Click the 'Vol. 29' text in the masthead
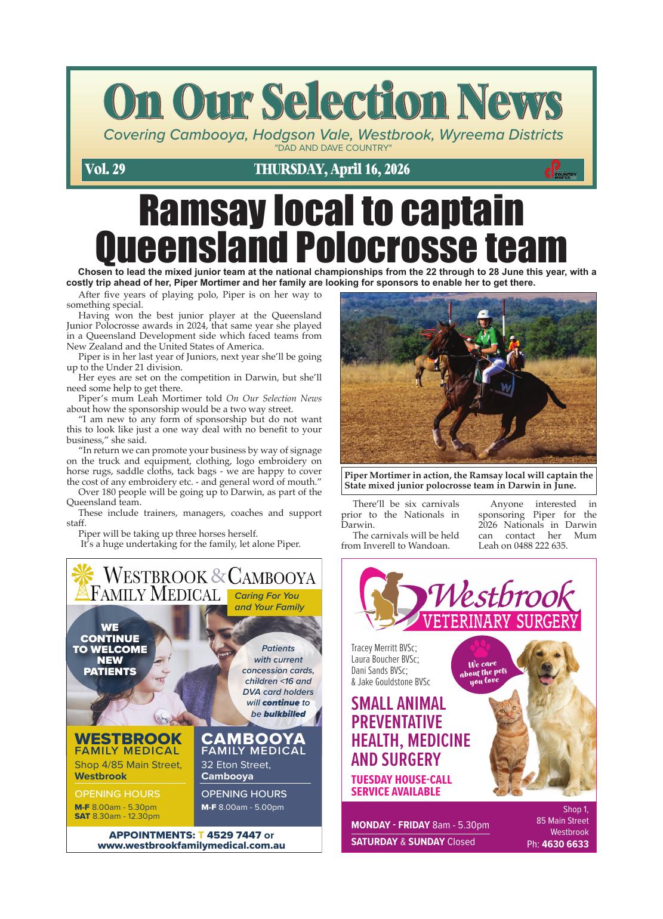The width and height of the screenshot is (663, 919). point(105,169)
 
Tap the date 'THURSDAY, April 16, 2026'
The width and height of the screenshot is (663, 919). point(332,169)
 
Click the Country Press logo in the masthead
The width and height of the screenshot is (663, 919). point(560,170)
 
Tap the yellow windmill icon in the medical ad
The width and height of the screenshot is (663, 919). point(84,581)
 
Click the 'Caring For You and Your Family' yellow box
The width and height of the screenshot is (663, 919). point(275,602)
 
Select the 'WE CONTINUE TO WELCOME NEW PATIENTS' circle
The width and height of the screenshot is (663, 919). point(110,649)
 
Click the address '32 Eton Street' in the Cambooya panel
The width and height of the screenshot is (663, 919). point(236,765)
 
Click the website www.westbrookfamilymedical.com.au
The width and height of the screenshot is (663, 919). point(191,846)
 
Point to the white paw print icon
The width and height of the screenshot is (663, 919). point(480,648)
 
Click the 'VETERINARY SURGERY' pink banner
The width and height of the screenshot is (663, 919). point(501,622)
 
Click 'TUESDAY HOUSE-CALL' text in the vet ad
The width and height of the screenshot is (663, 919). point(401,779)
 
